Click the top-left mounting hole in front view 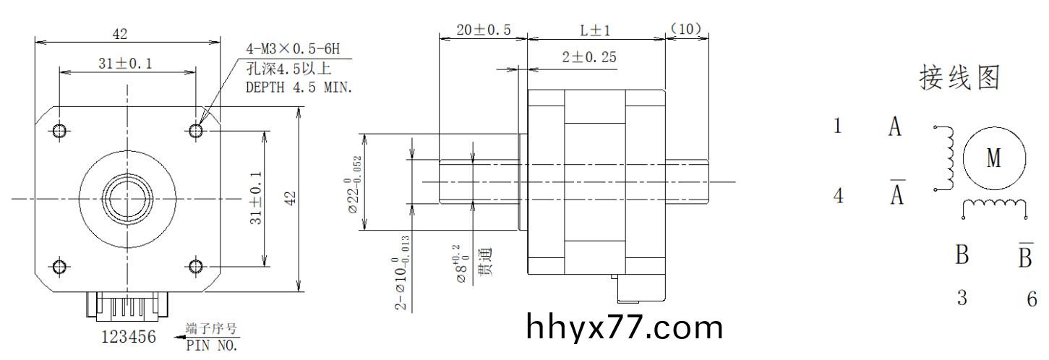click(x=60, y=130)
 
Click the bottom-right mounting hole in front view click(x=195, y=266)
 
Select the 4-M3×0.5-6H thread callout click(x=292, y=50)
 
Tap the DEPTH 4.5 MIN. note click(x=299, y=87)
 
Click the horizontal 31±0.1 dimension click(x=125, y=64)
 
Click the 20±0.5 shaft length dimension click(x=484, y=30)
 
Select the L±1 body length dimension click(x=596, y=30)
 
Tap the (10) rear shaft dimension click(x=686, y=30)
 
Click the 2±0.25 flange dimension click(x=588, y=57)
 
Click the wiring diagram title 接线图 click(x=959, y=78)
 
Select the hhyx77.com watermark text click(x=625, y=327)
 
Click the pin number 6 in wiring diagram click(x=1032, y=299)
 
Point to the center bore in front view click(x=127, y=198)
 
